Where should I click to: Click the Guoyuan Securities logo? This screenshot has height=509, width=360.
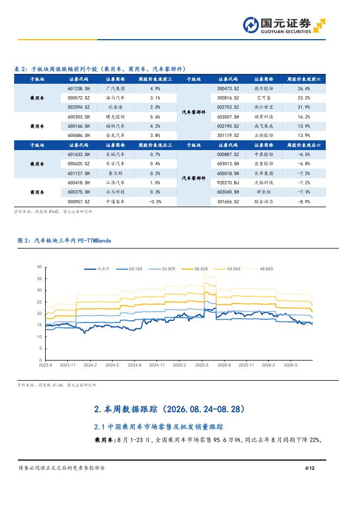point(284,26)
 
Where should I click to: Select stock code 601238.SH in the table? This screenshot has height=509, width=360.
point(78,89)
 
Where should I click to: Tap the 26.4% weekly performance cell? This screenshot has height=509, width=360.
point(304,89)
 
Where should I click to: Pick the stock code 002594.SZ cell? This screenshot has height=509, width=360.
point(78,107)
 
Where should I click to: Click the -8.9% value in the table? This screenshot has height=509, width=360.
point(304,202)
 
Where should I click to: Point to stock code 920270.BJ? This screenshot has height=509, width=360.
point(228,183)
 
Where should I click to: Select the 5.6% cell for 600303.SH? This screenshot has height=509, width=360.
point(155,117)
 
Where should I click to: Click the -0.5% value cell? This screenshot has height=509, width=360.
point(155,202)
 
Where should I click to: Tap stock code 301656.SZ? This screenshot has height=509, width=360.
point(228,202)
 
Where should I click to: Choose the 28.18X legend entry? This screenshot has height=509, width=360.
point(129,269)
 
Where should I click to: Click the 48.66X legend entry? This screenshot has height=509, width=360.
point(260,269)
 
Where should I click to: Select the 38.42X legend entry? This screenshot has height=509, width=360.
point(195,269)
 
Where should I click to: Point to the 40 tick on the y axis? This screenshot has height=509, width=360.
point(39,267)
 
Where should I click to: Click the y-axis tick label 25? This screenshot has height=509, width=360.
point(39,302)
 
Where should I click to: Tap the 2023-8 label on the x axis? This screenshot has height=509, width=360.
point(46,365)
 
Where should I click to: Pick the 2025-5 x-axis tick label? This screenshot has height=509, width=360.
point(202,365)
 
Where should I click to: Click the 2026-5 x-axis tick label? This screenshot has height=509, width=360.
point(291,365)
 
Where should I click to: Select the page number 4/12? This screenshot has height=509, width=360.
point(309,468)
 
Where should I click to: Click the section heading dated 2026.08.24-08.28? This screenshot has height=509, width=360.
point(169,409)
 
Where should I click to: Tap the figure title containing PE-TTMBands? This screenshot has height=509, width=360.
point(64,240)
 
